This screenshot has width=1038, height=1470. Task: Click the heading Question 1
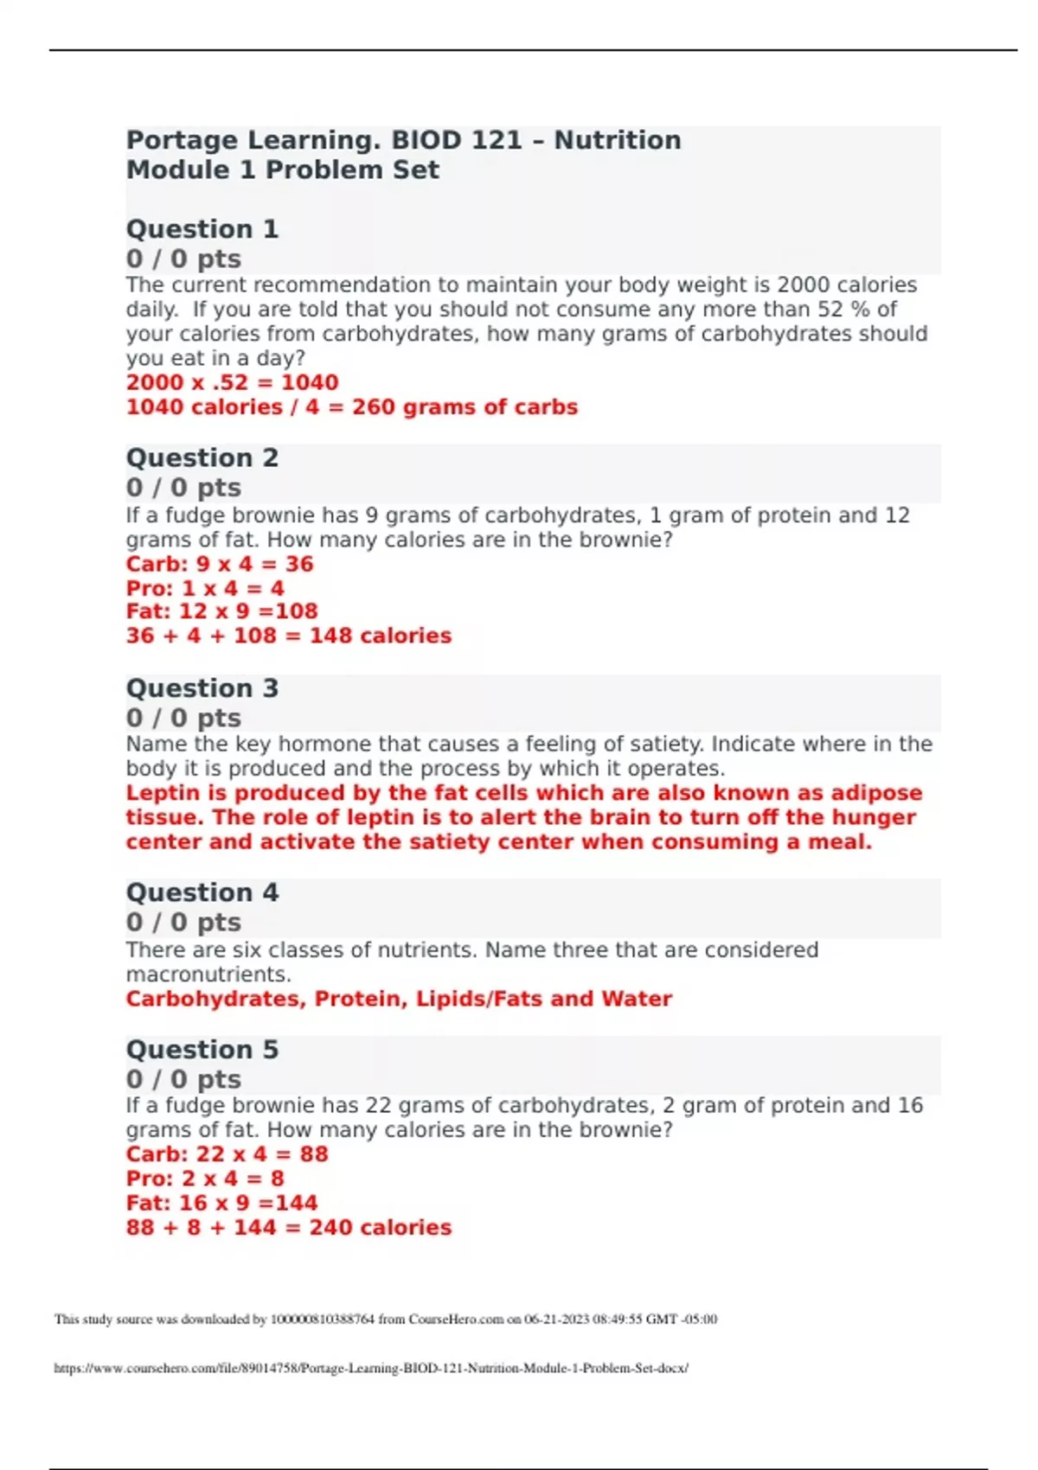pos(202,229)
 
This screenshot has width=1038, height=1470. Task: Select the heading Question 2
pos(202,457)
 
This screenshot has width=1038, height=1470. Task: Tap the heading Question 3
pos(202,688)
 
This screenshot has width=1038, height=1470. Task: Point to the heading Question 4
pos(202,892)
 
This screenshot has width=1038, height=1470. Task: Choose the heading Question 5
pos(202,1050)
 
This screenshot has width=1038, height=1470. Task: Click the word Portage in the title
pos(182,140)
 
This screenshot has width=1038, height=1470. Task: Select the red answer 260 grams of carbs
pos(465,407)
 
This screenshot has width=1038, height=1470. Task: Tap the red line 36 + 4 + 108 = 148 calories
pos(289,636)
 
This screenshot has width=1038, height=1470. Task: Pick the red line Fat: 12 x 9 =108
pos(222,611)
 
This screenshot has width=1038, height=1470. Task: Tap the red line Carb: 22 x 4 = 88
pos(227,1154)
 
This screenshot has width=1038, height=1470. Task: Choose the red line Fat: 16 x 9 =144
pos(222,1203)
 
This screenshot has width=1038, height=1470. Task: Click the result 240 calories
pos(380,1228)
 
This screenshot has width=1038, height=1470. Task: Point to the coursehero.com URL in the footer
pos(371,1368)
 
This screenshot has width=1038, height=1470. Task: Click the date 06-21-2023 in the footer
pos(556,1320)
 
